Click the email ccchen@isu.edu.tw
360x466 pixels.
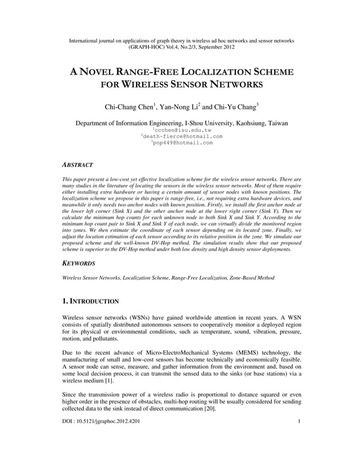point(183,130)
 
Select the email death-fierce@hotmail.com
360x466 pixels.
point(183,137)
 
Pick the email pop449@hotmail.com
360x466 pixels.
point(183,143)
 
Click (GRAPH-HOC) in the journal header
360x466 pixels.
point(148,47)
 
